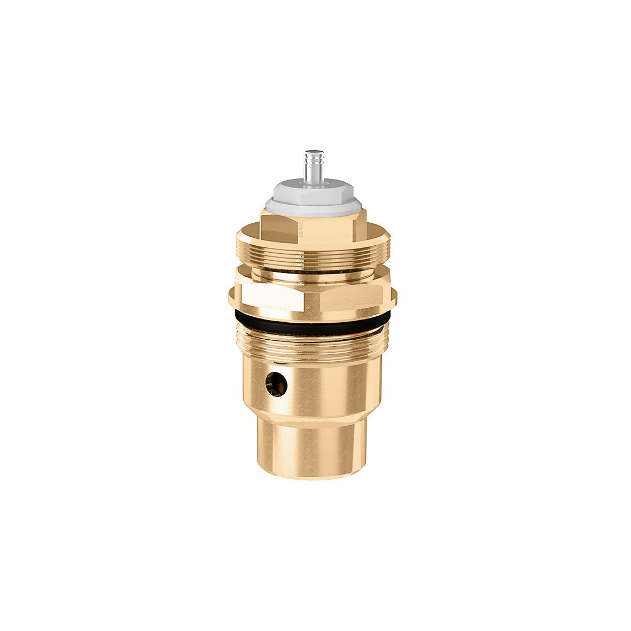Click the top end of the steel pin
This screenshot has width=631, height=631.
point(310,153)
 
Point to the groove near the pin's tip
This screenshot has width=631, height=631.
point(310,160)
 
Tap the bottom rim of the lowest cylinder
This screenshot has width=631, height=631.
point(313,477)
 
